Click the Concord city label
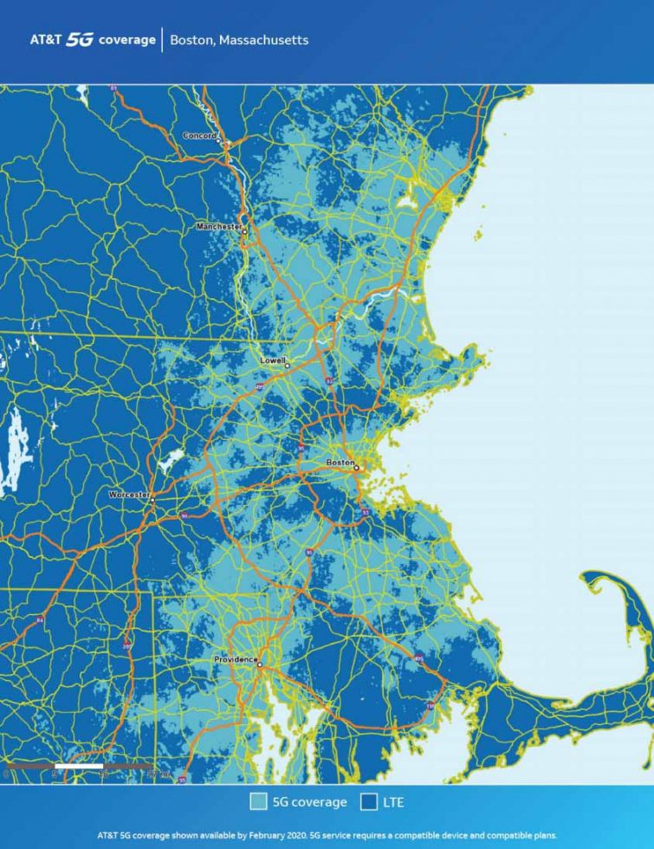tap(198, 135)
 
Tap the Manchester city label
tap(218, 226)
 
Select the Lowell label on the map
tap(272, 360)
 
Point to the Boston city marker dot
tap(356, 468)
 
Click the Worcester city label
tap(128, 495)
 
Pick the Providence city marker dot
tap(259, 664)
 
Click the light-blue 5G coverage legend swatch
tap(258, 802)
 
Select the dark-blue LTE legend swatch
tap(368, 802)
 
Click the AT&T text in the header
tap(45, 40)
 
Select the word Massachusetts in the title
tap(265, 40)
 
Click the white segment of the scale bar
tap(79, 767)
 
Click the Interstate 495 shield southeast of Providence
tap(419, 658)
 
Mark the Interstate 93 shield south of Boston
tap(366, 513)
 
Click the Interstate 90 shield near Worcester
tap(184, 516)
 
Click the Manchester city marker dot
tap(245, 231)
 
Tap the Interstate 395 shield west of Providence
tap(128, 645)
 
